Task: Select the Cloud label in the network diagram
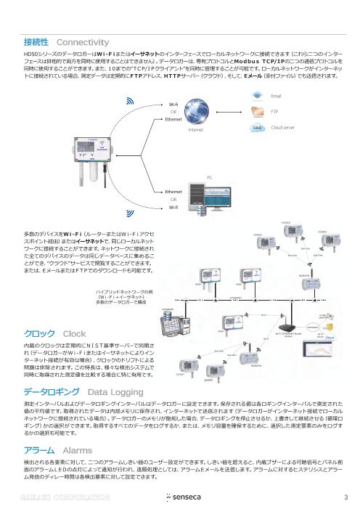coord(330,337)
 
